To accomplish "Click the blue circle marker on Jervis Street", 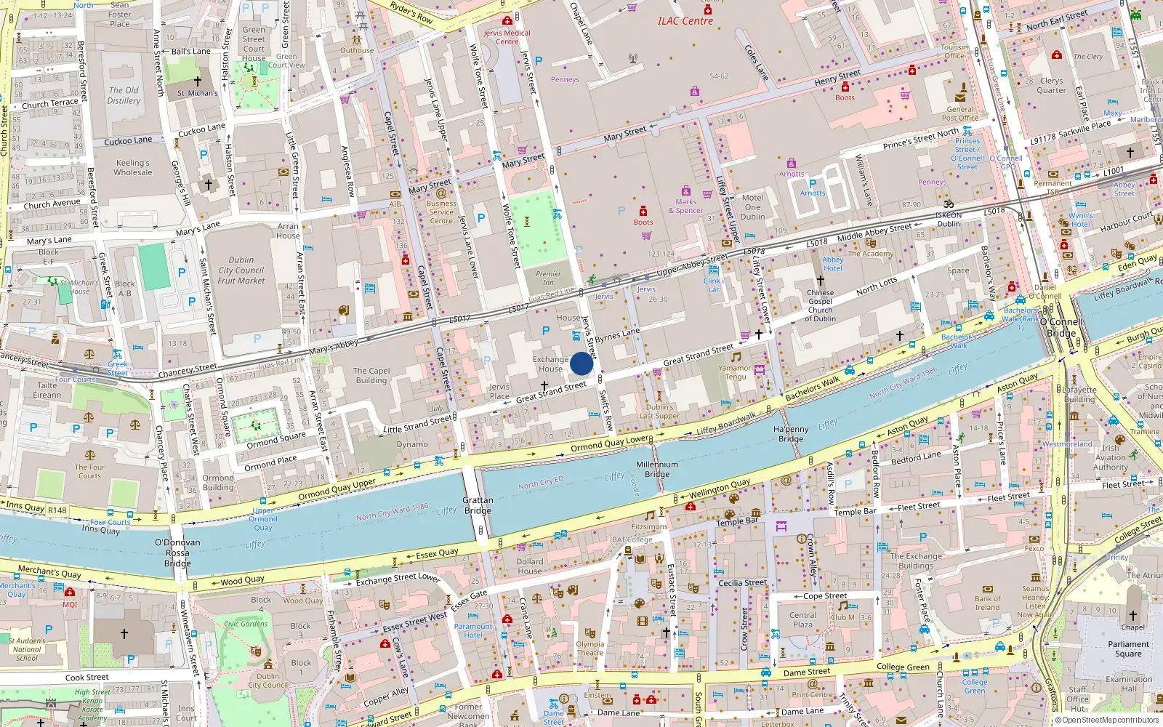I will (581, 363).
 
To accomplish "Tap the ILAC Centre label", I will (685, 21).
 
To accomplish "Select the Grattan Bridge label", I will (478, 505).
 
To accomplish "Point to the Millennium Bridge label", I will (657, 469).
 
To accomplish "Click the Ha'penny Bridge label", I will (791, 434).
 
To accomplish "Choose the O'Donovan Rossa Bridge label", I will (177, 553).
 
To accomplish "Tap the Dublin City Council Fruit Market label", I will (241, 270).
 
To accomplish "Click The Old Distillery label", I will (124, 95).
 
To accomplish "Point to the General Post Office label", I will (959, 113).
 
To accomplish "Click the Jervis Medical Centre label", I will (507, 37).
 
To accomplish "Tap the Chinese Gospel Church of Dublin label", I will (820, 305).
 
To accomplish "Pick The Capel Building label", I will (371, 375).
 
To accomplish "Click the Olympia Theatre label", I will (589, 648).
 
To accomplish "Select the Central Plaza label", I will (802, 619).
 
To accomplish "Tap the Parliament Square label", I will (1128, 648).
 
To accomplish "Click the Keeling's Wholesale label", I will (133, 168).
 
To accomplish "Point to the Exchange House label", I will (550, 363).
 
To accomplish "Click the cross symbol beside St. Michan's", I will (197, 81).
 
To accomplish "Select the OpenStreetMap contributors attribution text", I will (1106, 720).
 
